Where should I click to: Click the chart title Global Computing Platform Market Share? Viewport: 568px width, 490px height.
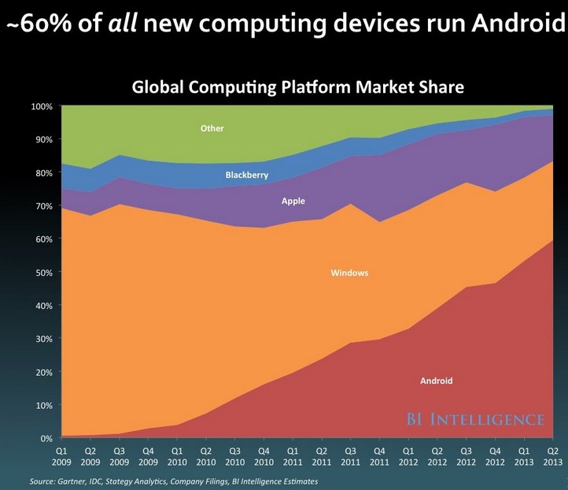pyautogui.click(x=298, y=86)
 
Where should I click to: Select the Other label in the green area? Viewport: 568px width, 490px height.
pyautogui.click(x=212, y=128)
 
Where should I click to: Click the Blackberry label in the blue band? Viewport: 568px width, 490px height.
pyautogui.click(x=247, y=175)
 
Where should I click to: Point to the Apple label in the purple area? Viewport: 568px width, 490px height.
pyautogui.click(x=293, y=201)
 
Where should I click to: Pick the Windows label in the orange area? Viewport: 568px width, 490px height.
pyautogui.click(x=349, y=273)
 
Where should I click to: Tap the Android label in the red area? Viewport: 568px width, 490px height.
pyautogui.click(x=437, y=381)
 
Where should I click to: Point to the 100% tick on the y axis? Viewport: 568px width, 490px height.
pyautogui.click(x=42, y=106)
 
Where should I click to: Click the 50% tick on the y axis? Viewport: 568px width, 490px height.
pyautogui.click(x=44, y=272)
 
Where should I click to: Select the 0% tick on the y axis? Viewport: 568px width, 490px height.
pyautogui.click(x=46, y=438)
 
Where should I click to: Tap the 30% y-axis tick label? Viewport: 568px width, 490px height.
pyautogui.click(x=44, y=339)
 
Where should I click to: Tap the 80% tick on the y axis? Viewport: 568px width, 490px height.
pyautogui.click(x=44, y=172)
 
